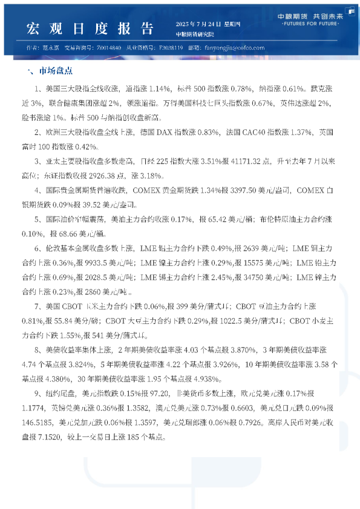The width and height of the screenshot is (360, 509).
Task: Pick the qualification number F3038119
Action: [174, 48]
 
